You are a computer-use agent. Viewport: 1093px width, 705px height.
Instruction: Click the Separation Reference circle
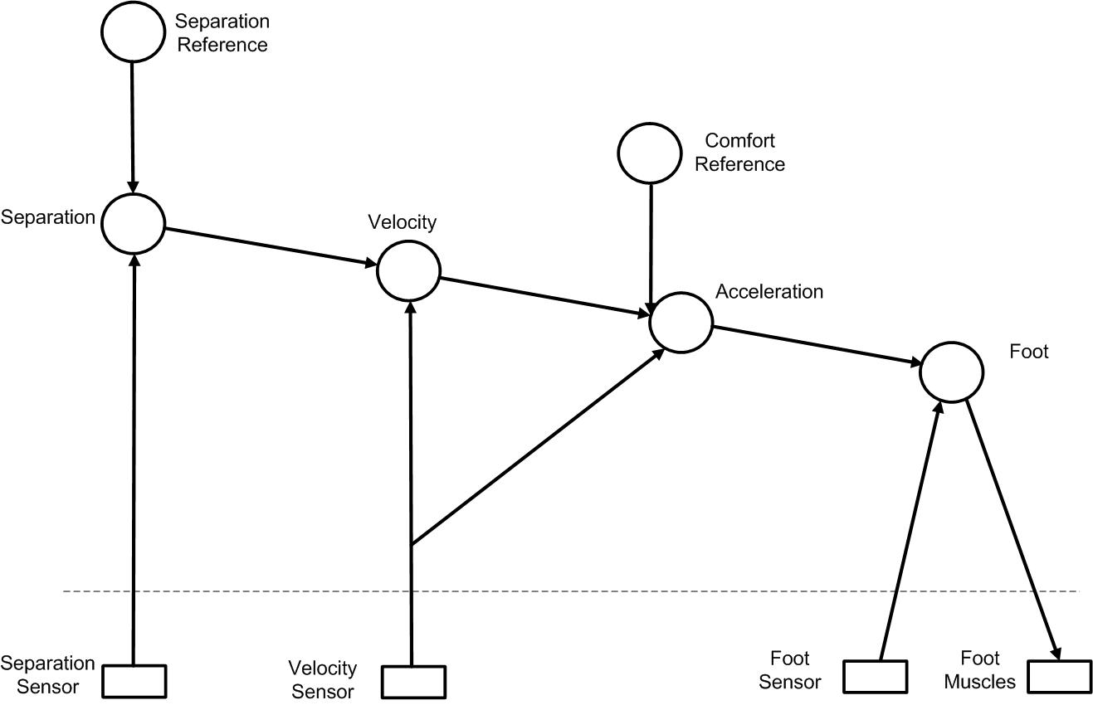click(x=133, y=31)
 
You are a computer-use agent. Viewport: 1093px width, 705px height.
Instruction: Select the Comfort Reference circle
click(x=650, y=152)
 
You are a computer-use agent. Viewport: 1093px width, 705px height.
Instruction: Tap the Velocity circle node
click(x=408, y=270)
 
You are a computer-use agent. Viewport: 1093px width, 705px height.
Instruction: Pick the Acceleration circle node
click(x=681, y=323)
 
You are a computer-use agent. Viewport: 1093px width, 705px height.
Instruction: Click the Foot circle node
click(x=951, y=372)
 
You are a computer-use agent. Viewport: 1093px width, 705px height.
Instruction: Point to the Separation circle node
click(x=133, y=222)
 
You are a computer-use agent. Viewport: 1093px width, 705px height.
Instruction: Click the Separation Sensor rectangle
click(x=134, y=681)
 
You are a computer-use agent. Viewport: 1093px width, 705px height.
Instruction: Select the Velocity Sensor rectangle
click(x=413, y=682)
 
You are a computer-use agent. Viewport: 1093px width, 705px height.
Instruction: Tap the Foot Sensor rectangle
click(x=875, y=676)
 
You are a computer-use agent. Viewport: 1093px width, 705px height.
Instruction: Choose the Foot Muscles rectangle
click(x=1059, y=676)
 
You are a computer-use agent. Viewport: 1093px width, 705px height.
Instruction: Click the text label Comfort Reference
click(x=739, y=153)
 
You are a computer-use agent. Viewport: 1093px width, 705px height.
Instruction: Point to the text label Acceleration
click(x=769, y=292)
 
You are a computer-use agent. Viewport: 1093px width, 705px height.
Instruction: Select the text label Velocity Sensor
click(x=322, y=679)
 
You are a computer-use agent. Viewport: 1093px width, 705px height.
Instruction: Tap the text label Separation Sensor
click(x=47, y=675)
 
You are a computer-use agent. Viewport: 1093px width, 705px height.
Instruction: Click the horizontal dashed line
click(x=581, y=591)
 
